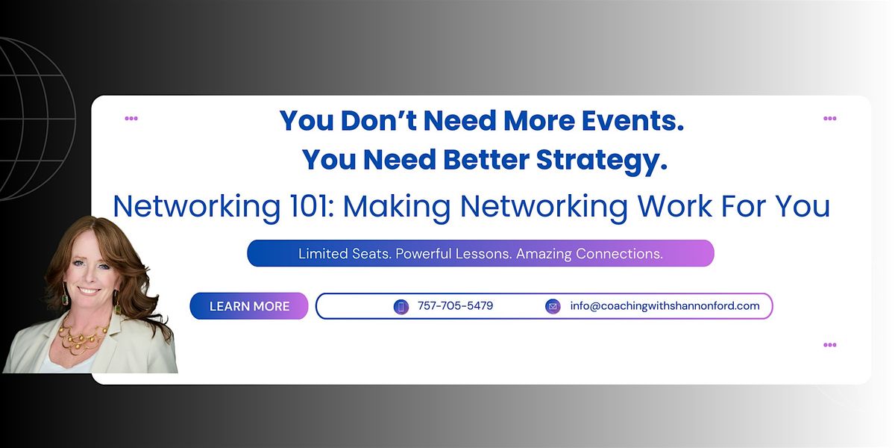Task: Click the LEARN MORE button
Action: [x=249, y=306]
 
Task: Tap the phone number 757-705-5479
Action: [x=455, y=306]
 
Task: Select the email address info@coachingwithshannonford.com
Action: [x=665, y=306]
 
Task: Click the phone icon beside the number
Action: [x=401, y=306]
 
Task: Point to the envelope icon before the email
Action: [x=553, y=306]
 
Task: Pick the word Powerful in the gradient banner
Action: [x=425, y=254]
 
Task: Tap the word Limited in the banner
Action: [x=323, y=254]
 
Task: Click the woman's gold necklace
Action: [x=82, y=336]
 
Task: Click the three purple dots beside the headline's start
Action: [x=131, y=118]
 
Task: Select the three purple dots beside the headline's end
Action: [x=829, y=118]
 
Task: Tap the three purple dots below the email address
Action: [x=829, y=345]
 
